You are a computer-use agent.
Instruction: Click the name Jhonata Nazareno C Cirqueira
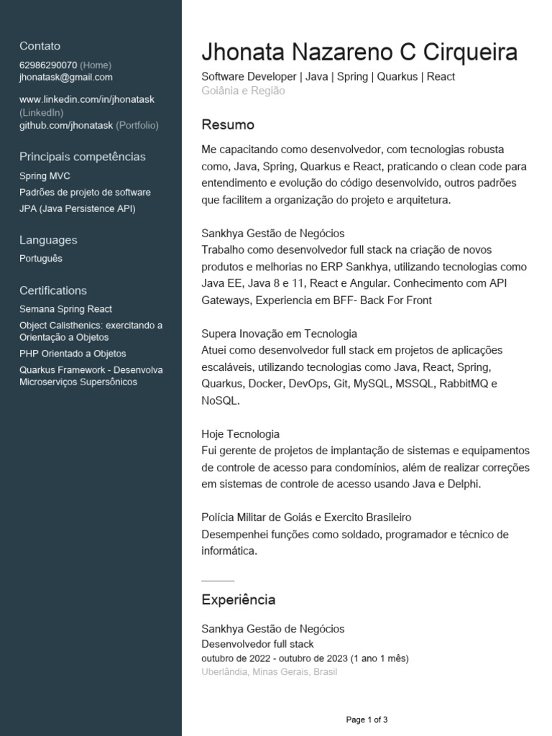point(359,52)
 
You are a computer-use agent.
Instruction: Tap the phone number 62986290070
point(48,65)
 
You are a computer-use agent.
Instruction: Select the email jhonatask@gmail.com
point(66,77)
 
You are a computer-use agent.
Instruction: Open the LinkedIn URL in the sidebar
point(87,99)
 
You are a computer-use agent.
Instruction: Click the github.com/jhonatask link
point(66,125)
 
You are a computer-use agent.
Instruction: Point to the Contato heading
point(40,46)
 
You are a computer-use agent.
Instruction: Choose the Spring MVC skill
point(45,176)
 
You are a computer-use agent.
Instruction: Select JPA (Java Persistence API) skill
point(77,208)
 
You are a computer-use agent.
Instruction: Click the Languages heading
point(48,240)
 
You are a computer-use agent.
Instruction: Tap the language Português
point(41,259)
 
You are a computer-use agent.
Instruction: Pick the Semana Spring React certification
point(65,309)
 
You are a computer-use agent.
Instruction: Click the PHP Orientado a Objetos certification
point(73,354)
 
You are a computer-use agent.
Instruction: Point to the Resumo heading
point(228,125)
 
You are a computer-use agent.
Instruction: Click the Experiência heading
point(238,599)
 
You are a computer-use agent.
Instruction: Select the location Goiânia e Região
point(243,91)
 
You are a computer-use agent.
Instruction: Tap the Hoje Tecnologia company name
point(240,434)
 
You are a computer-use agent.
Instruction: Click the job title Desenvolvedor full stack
point(257,644)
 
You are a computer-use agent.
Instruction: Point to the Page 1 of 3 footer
point(367,719)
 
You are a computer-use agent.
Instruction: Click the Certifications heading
point(53,290)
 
